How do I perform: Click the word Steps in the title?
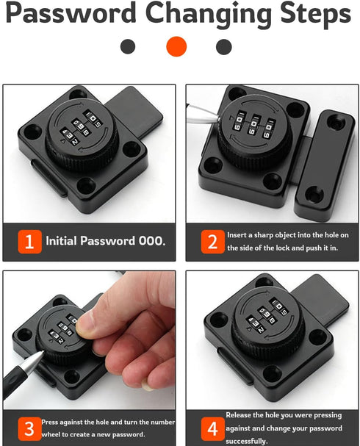click(x=309, y=14)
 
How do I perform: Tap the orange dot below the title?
click(x=176, y=47)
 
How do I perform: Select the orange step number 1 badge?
click(x=29, y=241)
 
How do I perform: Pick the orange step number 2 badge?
click(x=212, y=241)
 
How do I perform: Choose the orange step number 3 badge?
click(x=29, y=428)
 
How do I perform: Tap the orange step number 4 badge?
click(x=212, y=428)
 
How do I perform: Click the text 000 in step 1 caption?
click(x=150, y=241)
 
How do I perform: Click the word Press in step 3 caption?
click(x=54, y=422)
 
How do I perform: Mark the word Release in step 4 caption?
click(x=241, y=415)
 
